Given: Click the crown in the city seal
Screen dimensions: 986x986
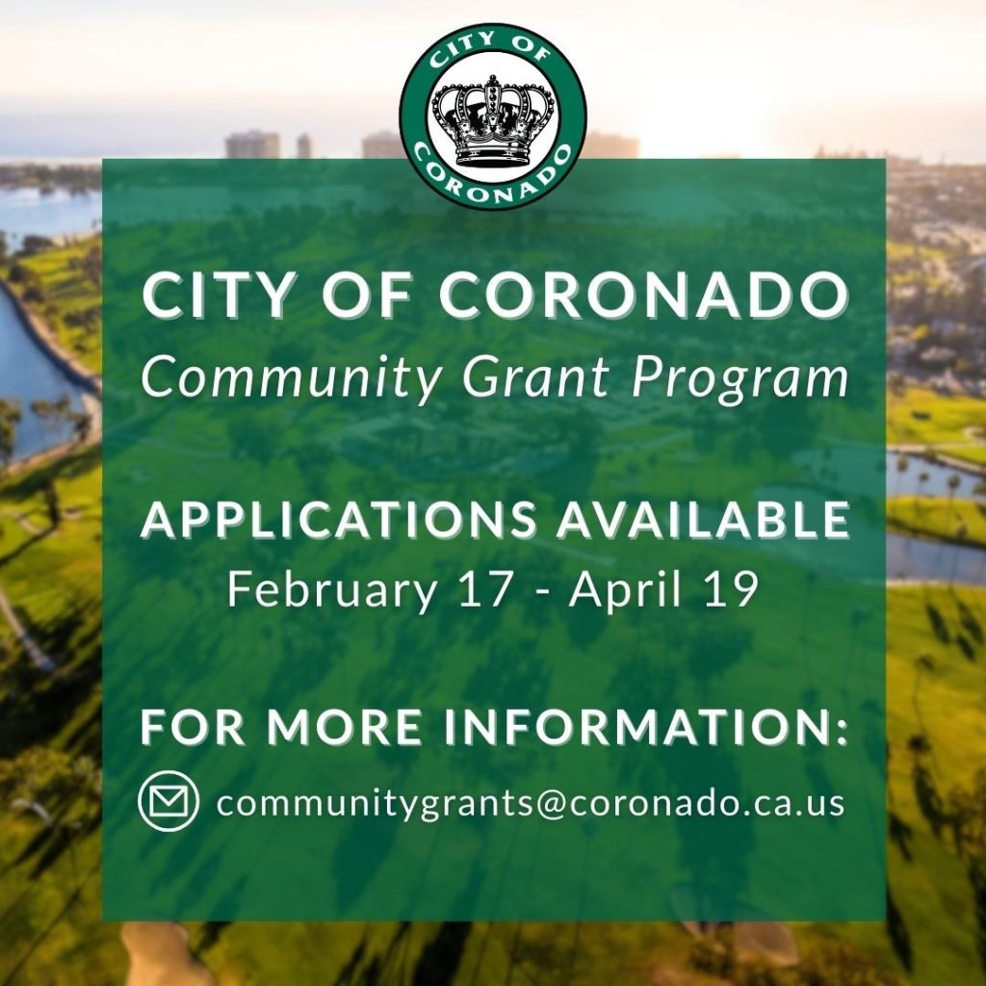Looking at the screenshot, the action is coord(494,120).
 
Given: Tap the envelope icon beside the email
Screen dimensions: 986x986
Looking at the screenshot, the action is coord(168,801).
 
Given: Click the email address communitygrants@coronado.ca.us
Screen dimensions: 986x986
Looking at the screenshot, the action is coord(531,803).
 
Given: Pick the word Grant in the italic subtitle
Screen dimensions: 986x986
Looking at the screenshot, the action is coord(535,377).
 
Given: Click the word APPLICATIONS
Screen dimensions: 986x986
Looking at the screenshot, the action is coord(339,521).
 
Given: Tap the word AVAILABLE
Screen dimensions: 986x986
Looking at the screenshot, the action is coord(703,521).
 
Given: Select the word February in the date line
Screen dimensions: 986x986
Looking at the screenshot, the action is coord(332,590).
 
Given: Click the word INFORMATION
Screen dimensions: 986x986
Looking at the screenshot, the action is coord(647,727).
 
